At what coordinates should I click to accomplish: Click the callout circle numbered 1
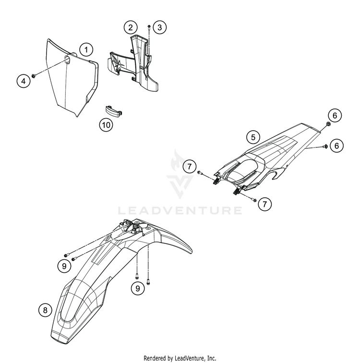(86, 49)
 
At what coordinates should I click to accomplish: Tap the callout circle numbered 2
(130, 27)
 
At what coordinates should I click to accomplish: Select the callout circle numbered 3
(160, 27)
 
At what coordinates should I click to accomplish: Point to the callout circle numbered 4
(22, 81)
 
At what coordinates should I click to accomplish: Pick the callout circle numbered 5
(253, 137)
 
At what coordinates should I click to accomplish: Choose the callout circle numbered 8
(45, 310)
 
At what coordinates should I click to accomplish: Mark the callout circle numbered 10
(106, 125)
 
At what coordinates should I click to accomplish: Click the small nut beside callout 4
(35, 75)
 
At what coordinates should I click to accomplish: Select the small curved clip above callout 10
(115, 109)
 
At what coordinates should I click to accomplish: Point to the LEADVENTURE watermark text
(180, 210)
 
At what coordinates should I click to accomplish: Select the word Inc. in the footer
(210, 358)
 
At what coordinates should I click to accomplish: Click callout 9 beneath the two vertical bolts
(137, 289)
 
